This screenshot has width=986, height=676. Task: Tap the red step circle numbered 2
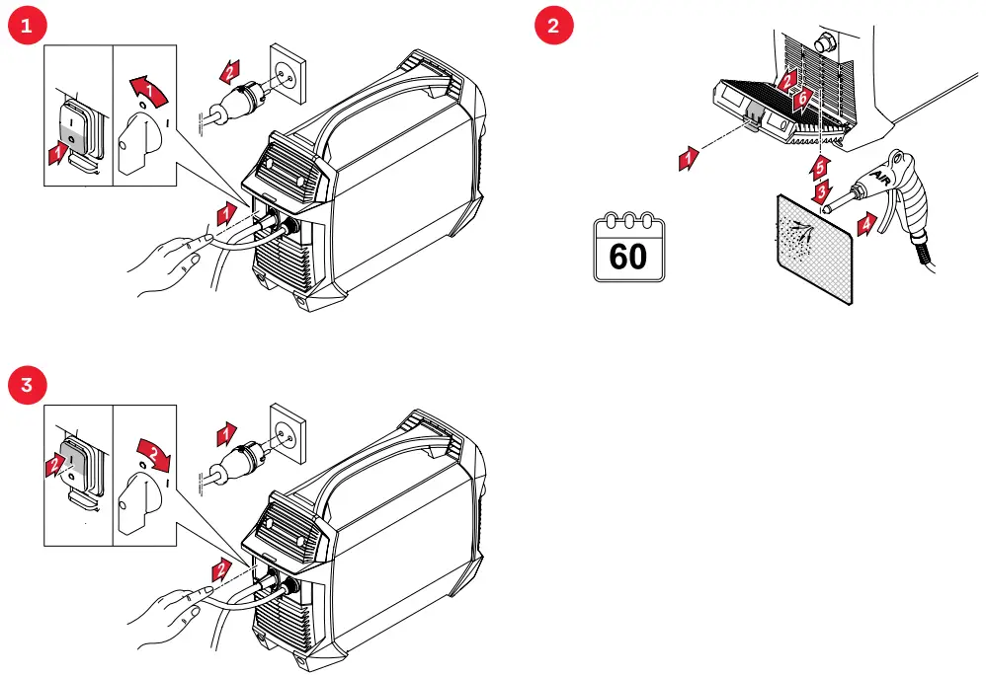(552, 27)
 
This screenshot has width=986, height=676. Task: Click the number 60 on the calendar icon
(628, 257)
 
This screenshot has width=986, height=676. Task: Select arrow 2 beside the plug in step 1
(227, 71)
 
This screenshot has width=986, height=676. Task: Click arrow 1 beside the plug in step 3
(227, 432)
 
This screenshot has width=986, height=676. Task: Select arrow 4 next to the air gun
(866, 223)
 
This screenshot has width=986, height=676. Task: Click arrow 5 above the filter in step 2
(820, 164)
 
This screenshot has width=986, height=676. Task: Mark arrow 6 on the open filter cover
(803, 97)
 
